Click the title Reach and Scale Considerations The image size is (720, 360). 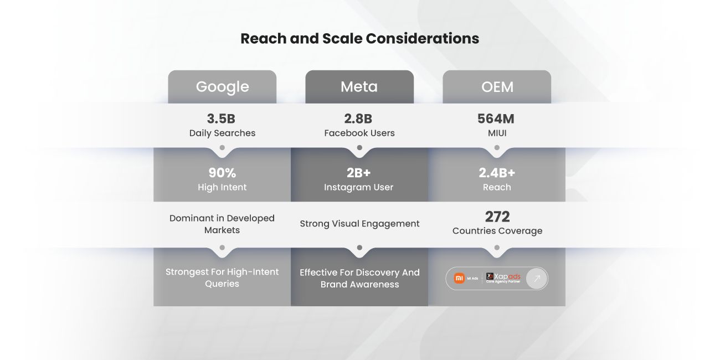click(x=359, y=39)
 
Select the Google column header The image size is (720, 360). click(x=222, y=87)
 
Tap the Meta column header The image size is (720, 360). click(x=359, y=87)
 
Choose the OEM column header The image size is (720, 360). click(x=497, y=87)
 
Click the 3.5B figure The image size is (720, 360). click(x=222, y=119)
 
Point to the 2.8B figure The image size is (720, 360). click(x=359, y=119)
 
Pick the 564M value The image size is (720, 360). click(x=497, y=119)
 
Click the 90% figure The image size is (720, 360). click(x=222, y=173)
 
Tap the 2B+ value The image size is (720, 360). click(x=359, y=173)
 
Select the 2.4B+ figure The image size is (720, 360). click(x=497, y=173)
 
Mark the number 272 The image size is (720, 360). click(x=497, y=216)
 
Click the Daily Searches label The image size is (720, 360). click(x=222, y=133)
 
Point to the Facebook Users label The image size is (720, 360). click(x=359, y=133)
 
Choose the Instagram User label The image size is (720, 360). click(x=359, y=187)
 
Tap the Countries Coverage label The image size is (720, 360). click(x=497, y=231)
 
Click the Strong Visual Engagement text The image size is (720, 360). click(x=359, y=224)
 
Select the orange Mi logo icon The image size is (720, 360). click(x=459, y=278)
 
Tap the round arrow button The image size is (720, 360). click(x=536, y=279)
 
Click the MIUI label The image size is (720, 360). click(x=497, y=133)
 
